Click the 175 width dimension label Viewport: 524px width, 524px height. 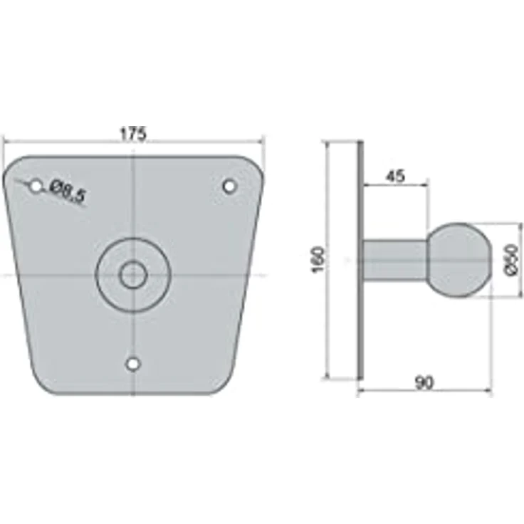[x=133, y=134]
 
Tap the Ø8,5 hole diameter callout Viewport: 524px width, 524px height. [x=67, y=191]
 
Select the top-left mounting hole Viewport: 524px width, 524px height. [x=36, y=187]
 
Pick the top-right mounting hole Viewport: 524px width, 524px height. [x=229, y=186]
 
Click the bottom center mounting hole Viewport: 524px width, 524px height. [x=133, y=364]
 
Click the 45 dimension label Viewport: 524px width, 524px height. [x=395, y=176]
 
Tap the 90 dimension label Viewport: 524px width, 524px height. [x=424, y=383]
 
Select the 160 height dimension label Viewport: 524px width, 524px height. [x=318, y=260]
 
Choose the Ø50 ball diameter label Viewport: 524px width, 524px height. [x=510, y=260]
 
